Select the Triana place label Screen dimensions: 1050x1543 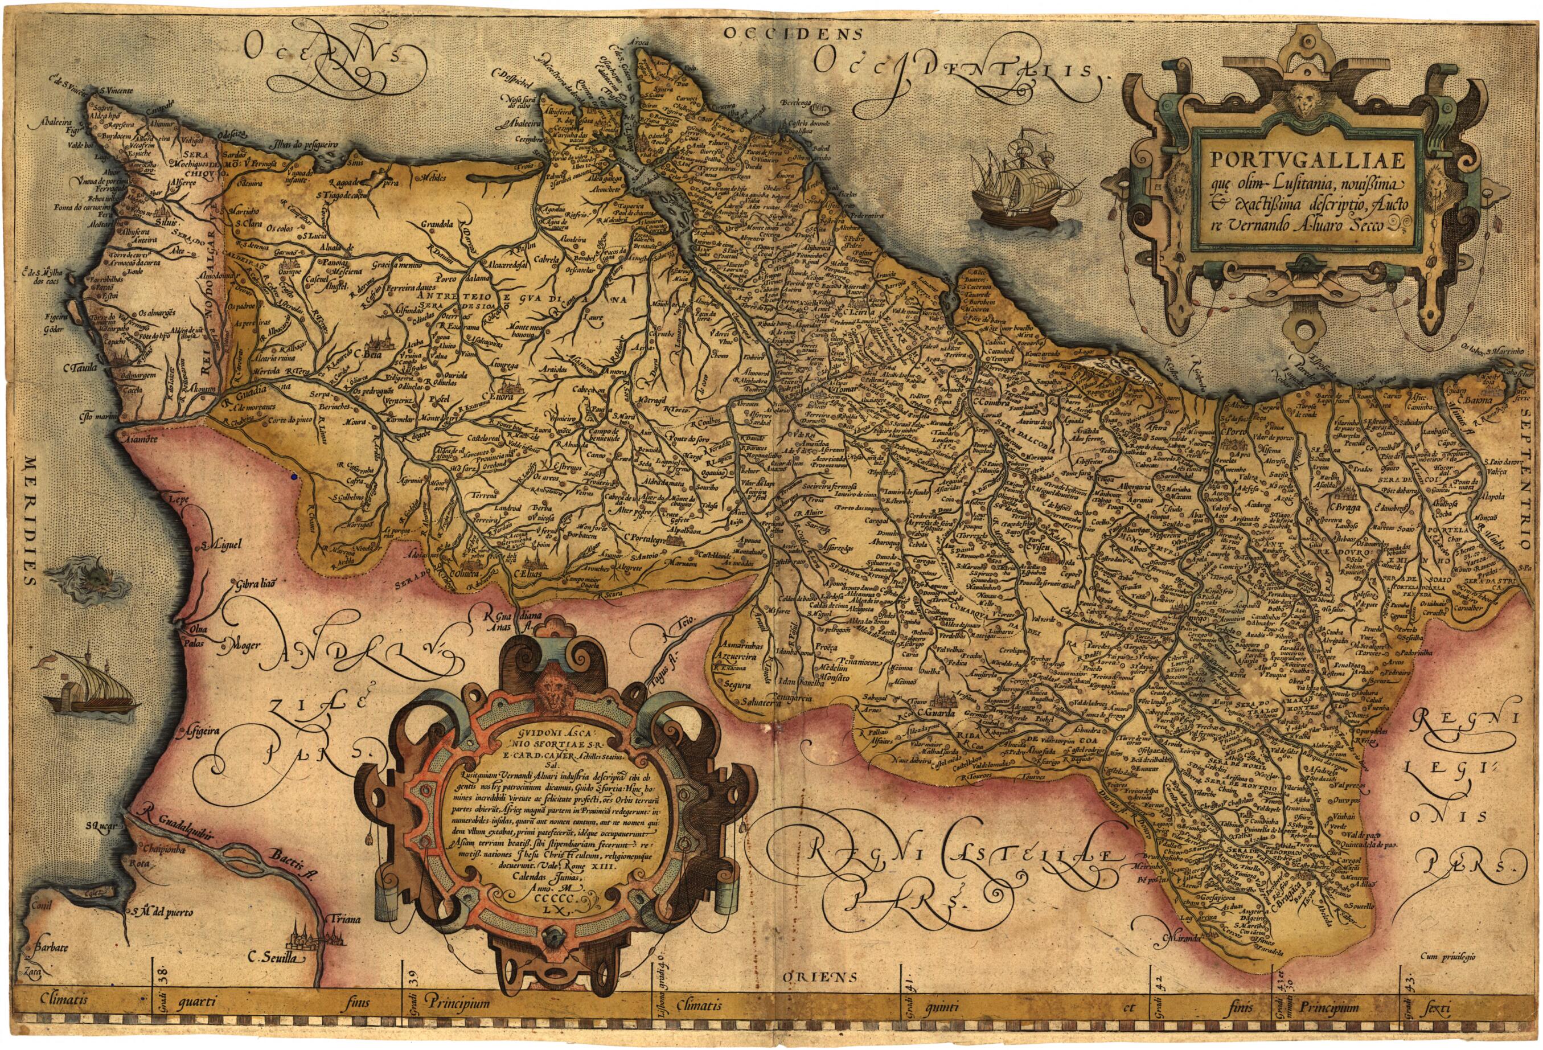pos(343,920)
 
